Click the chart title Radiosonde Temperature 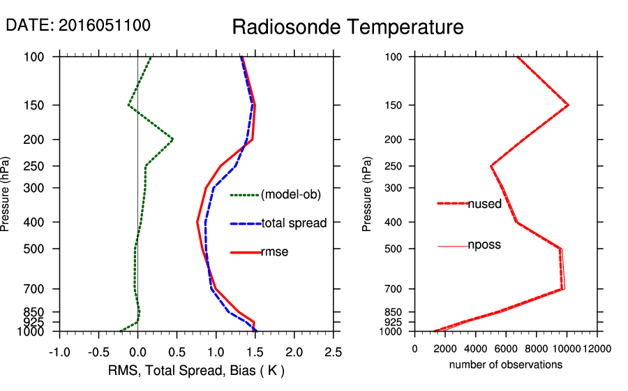tap(347, 27)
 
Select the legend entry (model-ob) tap(290, 195)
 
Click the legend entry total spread tap(294, 223)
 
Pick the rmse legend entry tap(274, 251)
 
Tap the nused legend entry tap(484, 203)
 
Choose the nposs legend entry tap(484, 245)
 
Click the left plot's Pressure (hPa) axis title tap(6, 194)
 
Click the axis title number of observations tap(506, 364)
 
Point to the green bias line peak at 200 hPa tap(172, 140)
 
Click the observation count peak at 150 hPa tap(568, 105)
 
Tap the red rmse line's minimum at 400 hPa tap(197, 222)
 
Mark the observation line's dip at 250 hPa tap(491, 166)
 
